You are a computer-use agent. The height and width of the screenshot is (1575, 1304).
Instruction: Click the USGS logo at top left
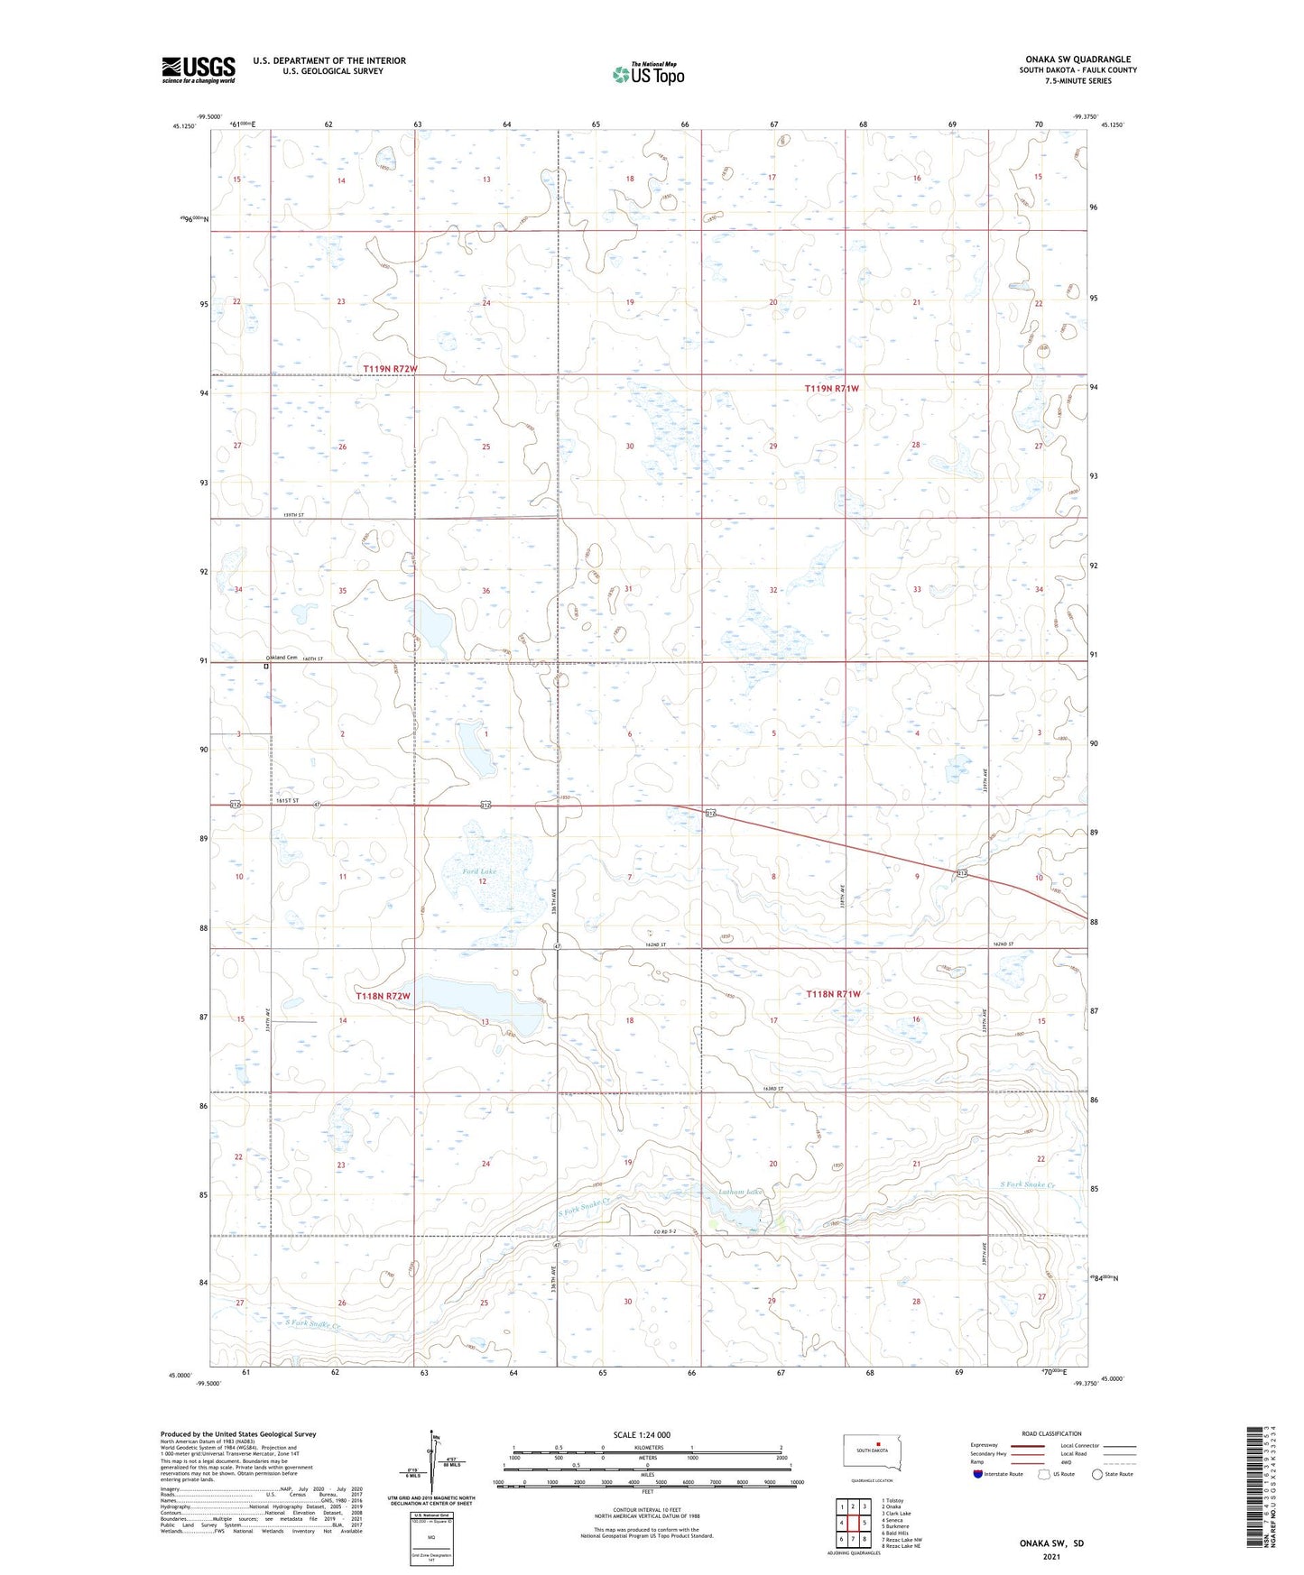pos(199,69)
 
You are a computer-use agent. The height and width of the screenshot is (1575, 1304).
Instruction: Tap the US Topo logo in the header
pos(647,74)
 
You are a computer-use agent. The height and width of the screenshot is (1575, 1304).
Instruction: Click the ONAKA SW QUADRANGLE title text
pos(1077,60)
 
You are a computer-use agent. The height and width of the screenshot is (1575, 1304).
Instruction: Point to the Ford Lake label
pos(479,871)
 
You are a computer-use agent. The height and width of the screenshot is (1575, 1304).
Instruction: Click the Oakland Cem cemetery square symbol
pos(266,667)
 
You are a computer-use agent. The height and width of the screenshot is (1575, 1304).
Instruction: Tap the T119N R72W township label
pos(391,369)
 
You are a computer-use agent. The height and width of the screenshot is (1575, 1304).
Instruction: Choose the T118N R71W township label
pos(833,993)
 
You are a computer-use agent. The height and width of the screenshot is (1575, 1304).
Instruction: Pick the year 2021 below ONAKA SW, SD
pos(1051,1556)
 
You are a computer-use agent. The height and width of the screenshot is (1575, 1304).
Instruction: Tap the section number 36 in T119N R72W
pos(486,591)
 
